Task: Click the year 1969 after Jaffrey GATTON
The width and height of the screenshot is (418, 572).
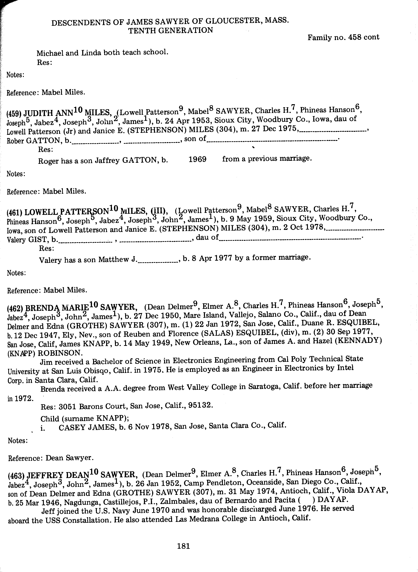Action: (x=197, y=159)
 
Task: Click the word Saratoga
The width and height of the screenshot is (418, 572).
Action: (x=264, y=386)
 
